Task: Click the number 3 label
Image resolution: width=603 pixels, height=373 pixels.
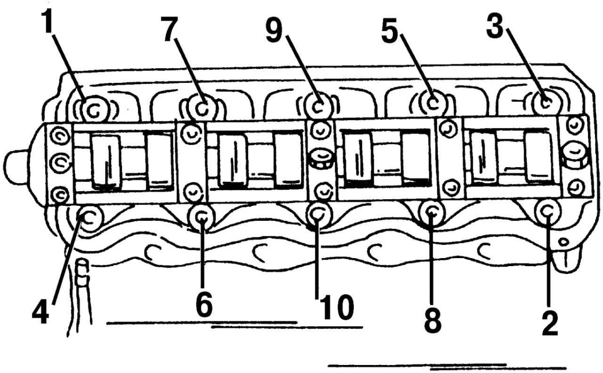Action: (495, 26)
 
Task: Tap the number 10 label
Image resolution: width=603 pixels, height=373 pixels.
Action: (336, 307)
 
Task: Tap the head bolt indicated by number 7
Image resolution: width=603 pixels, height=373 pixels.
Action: (202, 107)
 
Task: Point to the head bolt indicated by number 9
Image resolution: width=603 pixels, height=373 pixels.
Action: (319, 106)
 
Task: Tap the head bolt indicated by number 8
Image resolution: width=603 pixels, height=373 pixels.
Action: (432, 212)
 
